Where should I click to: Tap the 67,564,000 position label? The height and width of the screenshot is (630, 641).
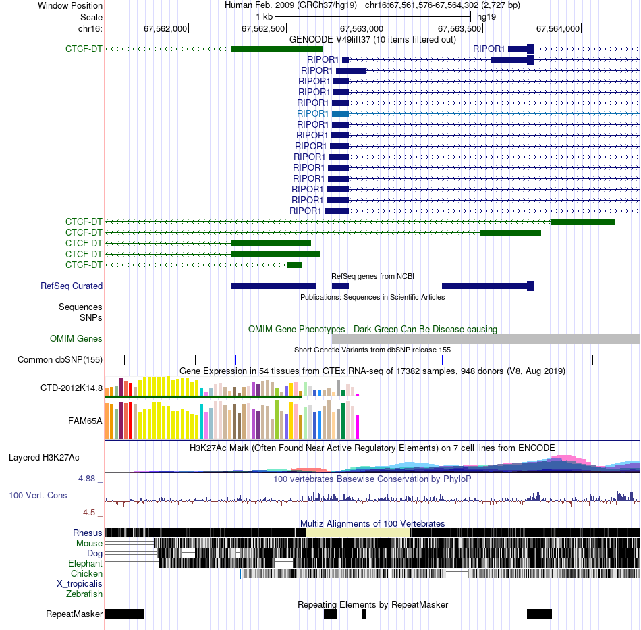(x=558, y=28)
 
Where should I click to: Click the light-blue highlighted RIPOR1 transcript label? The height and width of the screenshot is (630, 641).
(x=312, y=113)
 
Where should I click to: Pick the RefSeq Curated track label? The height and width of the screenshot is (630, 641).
(x=72, y=286)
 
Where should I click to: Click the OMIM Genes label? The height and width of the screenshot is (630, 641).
(x=76, y=339)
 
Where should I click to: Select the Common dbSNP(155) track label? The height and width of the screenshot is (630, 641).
(x=60, y=359)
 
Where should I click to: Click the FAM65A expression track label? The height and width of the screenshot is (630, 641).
(x=85, y=420)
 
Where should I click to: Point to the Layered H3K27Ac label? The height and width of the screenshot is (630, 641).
(x=44, y=457)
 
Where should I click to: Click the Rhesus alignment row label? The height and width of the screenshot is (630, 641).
(x=88, y=533)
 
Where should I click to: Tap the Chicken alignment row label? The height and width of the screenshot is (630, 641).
(x=87, y=573)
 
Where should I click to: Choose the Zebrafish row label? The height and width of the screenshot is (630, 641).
(x=84, y=594)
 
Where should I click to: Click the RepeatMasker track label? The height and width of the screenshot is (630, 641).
(x=74, y=614)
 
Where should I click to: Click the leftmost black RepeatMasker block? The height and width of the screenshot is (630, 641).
(x=125, y=614)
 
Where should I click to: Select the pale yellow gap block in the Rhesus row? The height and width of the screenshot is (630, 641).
(x=358, y=533)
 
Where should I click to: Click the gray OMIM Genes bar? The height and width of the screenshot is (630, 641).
(x=486, y=339)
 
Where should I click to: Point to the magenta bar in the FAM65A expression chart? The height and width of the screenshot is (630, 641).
(x=358, y=426)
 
